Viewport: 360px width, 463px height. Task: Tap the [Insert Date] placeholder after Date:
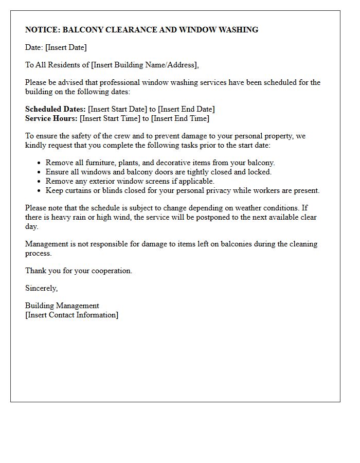coord(66,47)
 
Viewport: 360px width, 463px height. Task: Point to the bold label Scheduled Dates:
coord(56,109)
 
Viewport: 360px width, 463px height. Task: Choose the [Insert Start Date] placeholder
coord(118,109)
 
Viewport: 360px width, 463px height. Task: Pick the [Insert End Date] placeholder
coord(186,109)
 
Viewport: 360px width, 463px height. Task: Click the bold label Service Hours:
coord(51,118)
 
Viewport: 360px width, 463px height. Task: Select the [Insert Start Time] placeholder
coord(110,118)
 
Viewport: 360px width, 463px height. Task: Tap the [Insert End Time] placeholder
coord(180,118)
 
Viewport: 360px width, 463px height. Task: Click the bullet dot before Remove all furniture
coord(39,163)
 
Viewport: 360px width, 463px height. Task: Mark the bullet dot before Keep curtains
coord(39,191)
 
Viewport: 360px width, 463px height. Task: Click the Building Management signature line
coord(62,306)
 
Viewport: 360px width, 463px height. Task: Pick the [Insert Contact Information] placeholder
coord(71,315)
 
